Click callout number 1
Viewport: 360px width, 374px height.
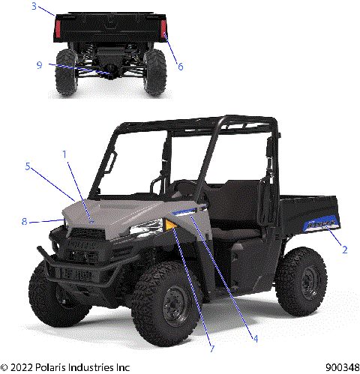(x=65, y=154)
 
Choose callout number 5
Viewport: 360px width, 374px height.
(x=28, y=166)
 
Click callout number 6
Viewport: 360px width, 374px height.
(x=180, y=66)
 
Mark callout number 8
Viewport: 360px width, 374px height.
(x=25, y=221)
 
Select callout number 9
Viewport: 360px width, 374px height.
(x=38, y=64)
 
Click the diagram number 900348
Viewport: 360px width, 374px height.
(x=340, y=367)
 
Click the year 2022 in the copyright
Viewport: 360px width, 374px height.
(x=25, y=367)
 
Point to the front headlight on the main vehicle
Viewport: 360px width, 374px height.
(x=147, y=227)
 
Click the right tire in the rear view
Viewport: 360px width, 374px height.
(x=155, y=72)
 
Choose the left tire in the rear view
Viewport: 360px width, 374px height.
(x=66, y=72)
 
